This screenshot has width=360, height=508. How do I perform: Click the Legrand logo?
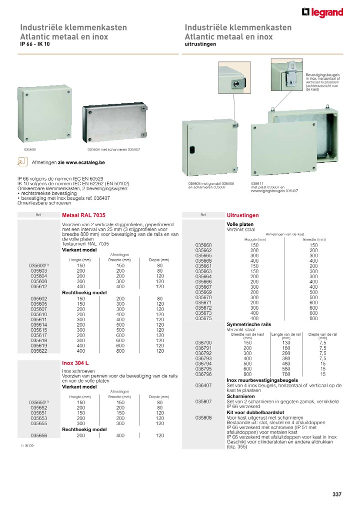pyautogui.click(x=322, y=12)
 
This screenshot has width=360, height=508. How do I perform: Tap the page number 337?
pyautogui.click(x=336, y=495)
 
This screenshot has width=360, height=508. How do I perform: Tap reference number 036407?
pyautogui.click(x=203, y=385)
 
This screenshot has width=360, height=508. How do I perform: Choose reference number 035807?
pyautogui.click(x=203, y=401)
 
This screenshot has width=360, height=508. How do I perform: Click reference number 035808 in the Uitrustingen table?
pyautogui.click(x=203, y=418)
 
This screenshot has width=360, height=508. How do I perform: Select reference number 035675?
pyautogui.click(x=203, y=318)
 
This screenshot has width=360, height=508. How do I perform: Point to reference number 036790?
pyautogui.click(x=203, y=342)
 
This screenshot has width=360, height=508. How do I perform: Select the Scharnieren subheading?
pyautogui.click(x=241, y=396)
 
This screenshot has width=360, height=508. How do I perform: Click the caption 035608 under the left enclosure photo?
pyautogui.click(x=30, y=149)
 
